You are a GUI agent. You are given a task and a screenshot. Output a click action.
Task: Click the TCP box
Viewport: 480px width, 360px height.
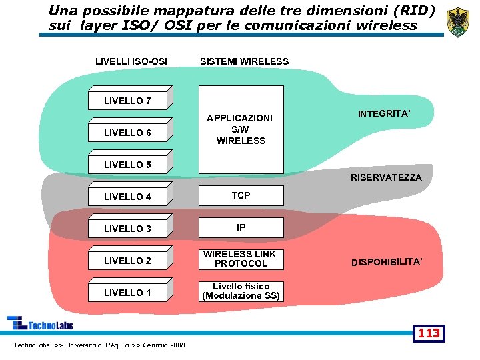(x=241, y=195)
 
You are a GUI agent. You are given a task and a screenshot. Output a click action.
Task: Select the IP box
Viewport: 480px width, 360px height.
(x=241, y=227)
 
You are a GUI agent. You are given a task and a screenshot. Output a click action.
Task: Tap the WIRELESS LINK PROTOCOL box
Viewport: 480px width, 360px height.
(x=241, y=259)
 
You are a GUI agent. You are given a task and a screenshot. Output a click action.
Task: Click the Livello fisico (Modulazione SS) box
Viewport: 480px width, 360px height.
(x=241, y=291)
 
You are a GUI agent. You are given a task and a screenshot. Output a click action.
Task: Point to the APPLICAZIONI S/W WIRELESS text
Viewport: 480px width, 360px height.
(x=241, y=129)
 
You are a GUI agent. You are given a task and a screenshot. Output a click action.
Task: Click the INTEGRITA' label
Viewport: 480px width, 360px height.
(x=384, y=114)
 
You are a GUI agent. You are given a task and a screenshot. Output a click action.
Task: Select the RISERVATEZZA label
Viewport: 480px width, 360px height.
(x=386, y=177)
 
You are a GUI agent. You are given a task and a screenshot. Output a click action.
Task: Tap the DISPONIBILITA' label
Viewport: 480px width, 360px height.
(x=387, y=262)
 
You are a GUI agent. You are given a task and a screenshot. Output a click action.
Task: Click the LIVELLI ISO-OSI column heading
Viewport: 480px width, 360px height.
(x=131, y=61)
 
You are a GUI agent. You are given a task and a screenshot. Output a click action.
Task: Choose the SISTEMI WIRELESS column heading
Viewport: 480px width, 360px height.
(x=245, y=61)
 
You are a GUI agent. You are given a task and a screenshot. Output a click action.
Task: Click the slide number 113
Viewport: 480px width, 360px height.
(x=429, y=333)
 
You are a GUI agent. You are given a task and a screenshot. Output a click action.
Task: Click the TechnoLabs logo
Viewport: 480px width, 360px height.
(x=40, y=323)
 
